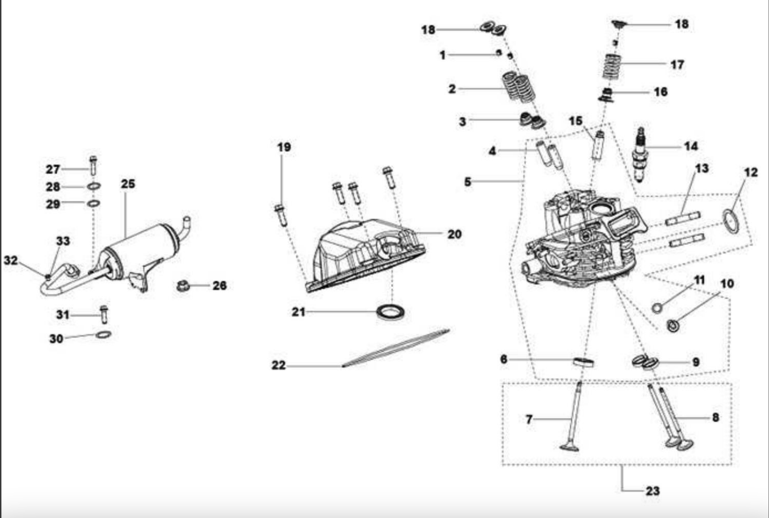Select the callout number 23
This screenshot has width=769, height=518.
pos(653,491)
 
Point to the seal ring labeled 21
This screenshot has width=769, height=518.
pos(391,312)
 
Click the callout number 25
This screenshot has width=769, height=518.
pos(128,184)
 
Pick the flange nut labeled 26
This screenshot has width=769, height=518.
pos(183,286)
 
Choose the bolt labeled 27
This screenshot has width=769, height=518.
pos(93,166)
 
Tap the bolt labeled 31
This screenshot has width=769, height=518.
pos(104,314)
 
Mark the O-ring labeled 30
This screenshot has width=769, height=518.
pos(103,334)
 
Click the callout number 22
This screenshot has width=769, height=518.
pos(279,366)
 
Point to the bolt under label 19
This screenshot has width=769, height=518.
pos(281,215)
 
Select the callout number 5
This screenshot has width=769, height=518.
pos(467,182)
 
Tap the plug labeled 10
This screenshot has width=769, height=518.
pos(672,325)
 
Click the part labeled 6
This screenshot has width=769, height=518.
pos(583,362)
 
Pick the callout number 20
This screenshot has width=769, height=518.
pos(455,234)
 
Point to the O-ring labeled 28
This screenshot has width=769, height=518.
pos(94,186)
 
